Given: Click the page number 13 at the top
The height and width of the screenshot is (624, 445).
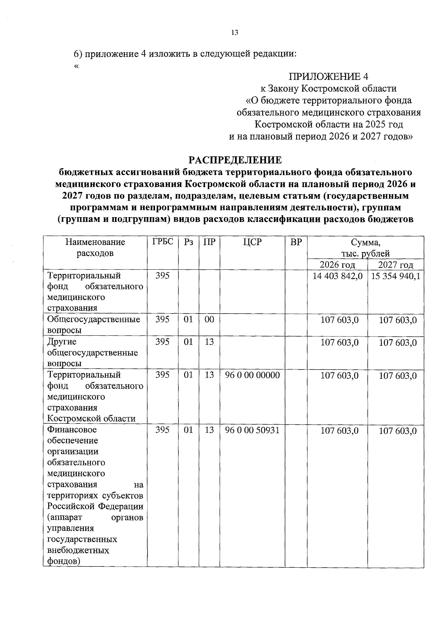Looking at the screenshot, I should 234,33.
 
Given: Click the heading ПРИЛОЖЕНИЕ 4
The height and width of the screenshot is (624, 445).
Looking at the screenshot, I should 329,77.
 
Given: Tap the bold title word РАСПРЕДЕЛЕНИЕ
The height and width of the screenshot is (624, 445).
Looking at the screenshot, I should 235,160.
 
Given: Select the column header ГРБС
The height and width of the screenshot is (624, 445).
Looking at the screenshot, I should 162,242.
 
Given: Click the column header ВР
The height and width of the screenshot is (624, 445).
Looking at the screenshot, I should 296,242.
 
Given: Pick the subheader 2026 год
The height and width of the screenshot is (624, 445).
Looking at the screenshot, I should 337,265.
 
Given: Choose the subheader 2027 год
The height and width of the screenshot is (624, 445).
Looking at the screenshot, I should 395,265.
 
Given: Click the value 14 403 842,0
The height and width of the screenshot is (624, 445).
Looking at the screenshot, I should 337,276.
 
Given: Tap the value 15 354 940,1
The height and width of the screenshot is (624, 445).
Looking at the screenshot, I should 395,276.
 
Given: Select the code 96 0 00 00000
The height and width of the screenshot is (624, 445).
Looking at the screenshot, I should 252,375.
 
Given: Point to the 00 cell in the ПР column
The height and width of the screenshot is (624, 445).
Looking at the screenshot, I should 209,319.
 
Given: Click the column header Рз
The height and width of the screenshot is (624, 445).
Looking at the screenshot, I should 188,242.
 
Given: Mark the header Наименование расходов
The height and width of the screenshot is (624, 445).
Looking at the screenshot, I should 95,248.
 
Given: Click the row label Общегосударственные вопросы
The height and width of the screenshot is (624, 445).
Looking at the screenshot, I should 93,325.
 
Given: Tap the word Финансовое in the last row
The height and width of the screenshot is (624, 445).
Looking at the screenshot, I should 72,429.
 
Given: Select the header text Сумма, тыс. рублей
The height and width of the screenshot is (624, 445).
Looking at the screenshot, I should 365,248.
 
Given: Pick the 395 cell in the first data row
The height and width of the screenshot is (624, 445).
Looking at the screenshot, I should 162,275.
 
